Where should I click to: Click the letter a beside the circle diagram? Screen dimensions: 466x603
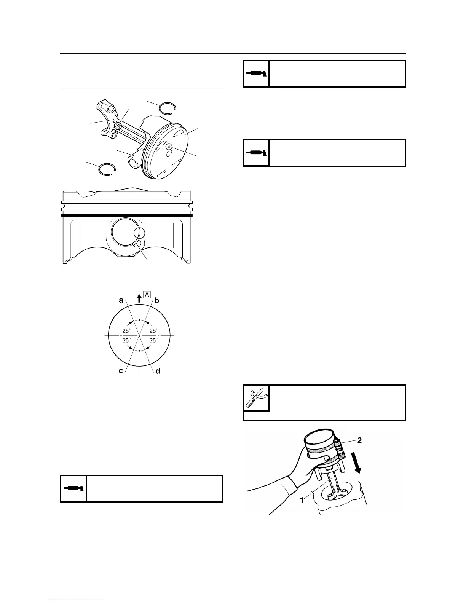[121, 300]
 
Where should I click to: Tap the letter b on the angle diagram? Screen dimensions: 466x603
[156, 300]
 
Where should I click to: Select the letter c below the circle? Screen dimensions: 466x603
[121, 370]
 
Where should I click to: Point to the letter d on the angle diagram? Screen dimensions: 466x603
[158, 370]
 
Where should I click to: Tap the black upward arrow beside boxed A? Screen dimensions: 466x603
[139, 297]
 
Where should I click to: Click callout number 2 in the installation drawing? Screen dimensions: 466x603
[359, 440]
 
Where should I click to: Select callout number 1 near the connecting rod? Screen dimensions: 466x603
[302, 500]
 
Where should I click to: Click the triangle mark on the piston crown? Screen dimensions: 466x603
[168, 146]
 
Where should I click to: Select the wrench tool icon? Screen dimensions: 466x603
[256, 398]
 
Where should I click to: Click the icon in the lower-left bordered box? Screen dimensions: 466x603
[73, 488]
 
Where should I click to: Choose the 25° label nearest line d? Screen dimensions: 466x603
[153, 340]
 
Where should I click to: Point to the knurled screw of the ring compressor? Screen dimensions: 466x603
[338, 447]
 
